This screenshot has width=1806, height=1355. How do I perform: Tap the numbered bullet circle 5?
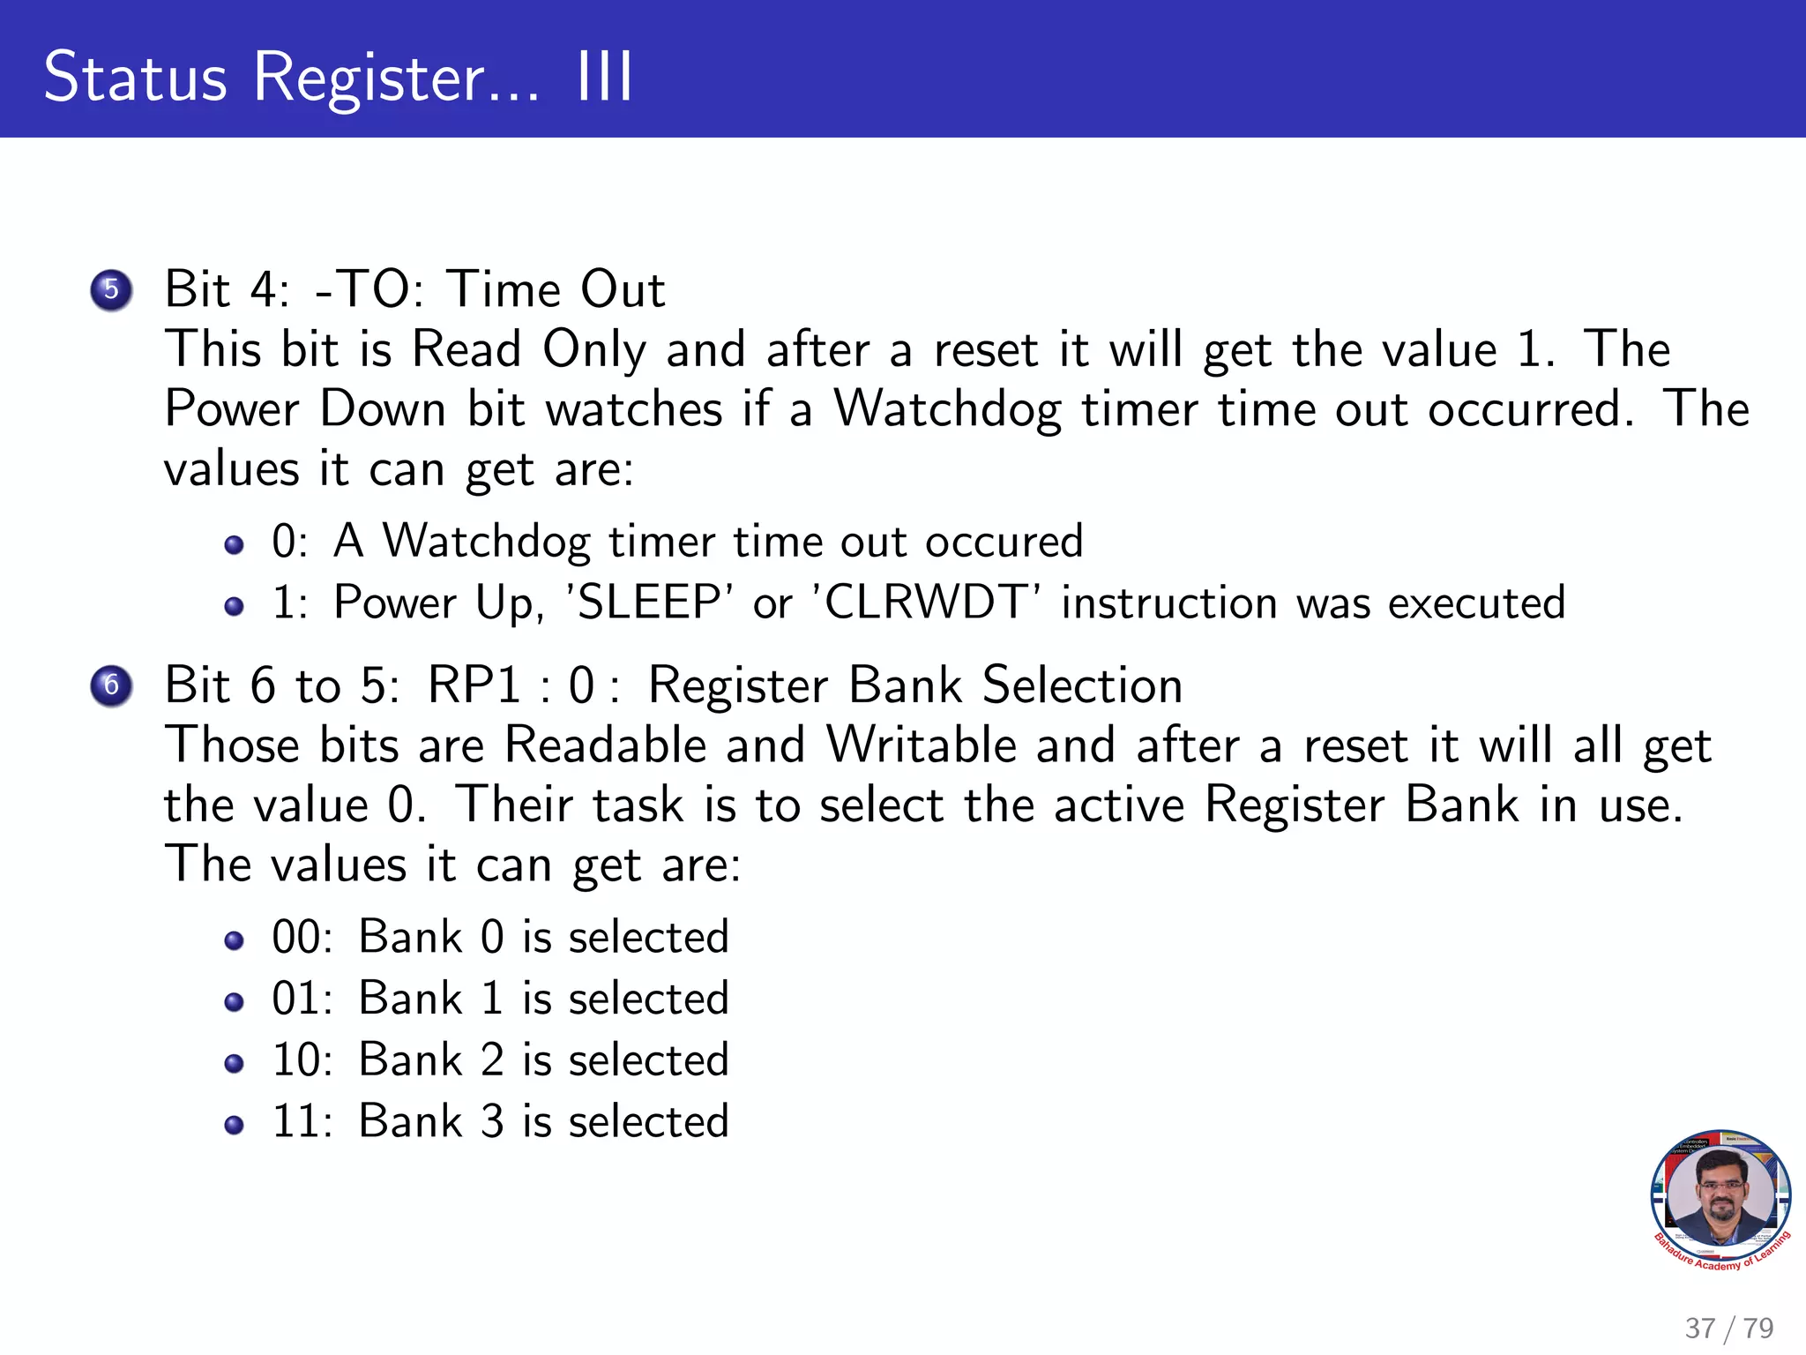click(x=111, y=289)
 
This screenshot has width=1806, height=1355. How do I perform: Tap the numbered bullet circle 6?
click(x=111, y=685)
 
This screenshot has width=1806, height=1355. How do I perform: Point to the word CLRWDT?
click(x=928, y=603)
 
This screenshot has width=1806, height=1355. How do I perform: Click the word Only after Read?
click(x=593, y=350)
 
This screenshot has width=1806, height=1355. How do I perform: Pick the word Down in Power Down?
click(x=383, y=409)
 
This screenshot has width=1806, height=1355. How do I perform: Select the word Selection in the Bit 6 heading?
click(x=1082, y=685)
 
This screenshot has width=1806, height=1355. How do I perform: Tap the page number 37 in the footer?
click(x=1700, y=1329)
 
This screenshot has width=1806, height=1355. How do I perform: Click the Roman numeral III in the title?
click(x=604, y=78)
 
